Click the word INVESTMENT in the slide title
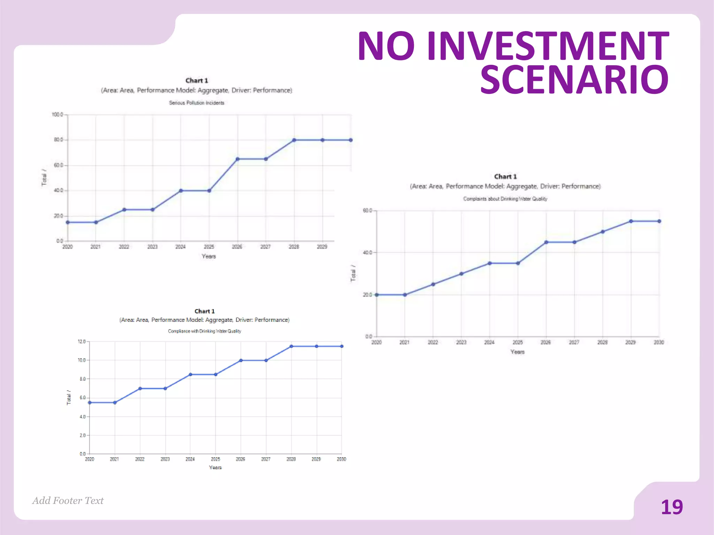click(548, 46)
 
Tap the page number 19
click(671, 507)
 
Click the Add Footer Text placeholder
click(68, 501)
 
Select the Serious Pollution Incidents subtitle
click(197, 103)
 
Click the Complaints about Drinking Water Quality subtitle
click(505, 199)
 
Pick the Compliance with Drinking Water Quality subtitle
click(204, 331)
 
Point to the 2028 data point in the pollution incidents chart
click(294, 140)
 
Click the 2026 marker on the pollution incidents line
click(237, 159)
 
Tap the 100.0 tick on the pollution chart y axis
click(57, 115)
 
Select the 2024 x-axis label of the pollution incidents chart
click(180, 247)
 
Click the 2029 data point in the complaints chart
click(631, 221)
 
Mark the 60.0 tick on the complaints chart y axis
click(367, 210)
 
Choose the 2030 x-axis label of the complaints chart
click(659, 343)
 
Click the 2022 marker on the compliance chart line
click(140, 388)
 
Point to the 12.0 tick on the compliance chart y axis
click(82, 342)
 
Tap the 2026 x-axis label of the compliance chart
click(240, 459)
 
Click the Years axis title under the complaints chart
click(517, 352)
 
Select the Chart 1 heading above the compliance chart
click(204, 311)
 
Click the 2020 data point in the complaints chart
click(377, 295)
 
